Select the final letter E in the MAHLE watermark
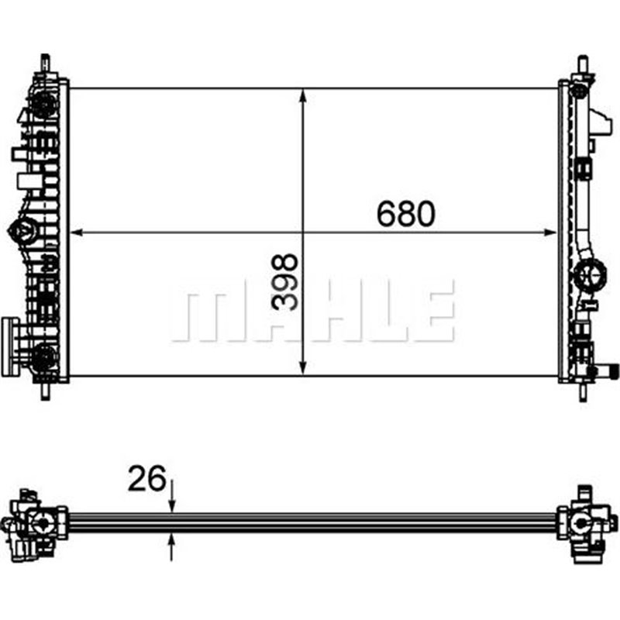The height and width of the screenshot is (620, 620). tap(434, 312)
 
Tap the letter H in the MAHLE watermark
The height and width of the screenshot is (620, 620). tap(325, 312)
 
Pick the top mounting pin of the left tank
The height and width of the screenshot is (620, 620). tap(46, 62)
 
